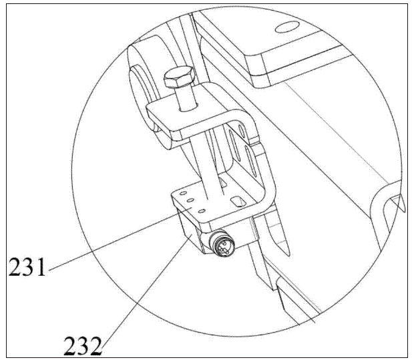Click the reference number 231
tap(27, 266)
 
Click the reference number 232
tap(83, 346)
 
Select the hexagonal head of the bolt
tap(180, 76)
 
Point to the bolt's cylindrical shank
tap(186, 98)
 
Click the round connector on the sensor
tap(222, 244)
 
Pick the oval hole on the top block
tap(287, 27)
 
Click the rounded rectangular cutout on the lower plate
tap(238, 202)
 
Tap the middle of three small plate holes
tap(190, 200)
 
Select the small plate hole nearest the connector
tap(202, 211)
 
